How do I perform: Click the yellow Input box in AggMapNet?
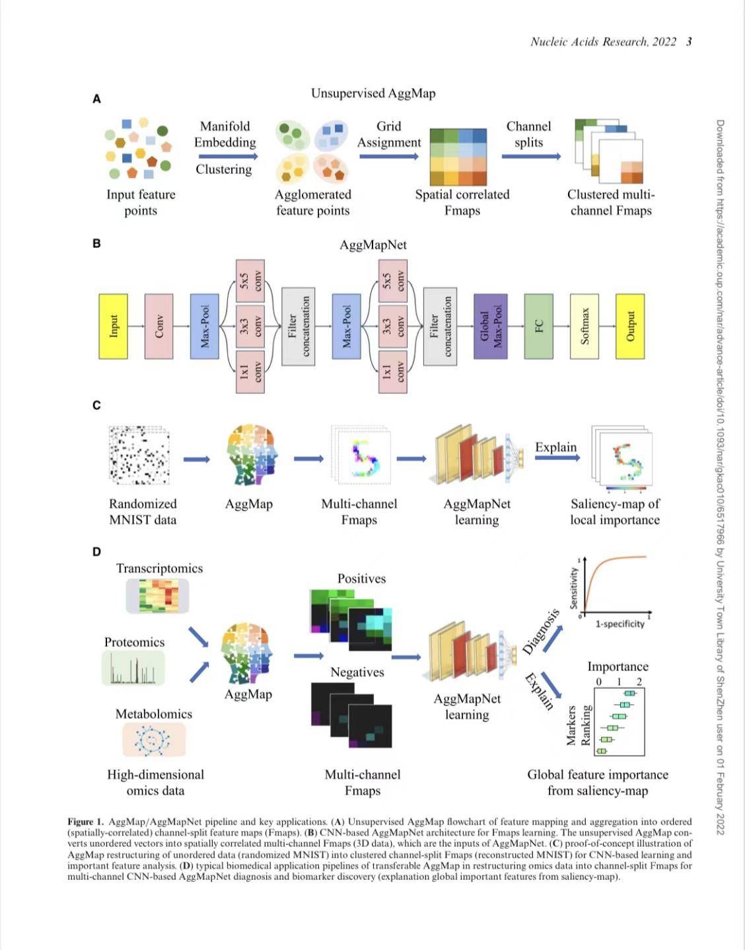pyautogui.click(x=113, y=327)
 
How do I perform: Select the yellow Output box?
pyautogui.click(x=629, y=327)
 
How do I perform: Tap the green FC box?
pyautogui.click(x=538, y=327)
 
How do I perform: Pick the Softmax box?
pyautogui.click(x=584, y=327)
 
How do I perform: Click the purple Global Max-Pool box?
pyautogui.click(x=490, y=327)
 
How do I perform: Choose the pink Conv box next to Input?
pyautogui.click(x=159, y=327)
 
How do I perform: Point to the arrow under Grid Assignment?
pyautogui.click(x=388, y=157)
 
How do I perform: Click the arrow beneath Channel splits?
pyautogui.click(x=530, y=157)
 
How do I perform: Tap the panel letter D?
pyautogui.click(x=96, y=551)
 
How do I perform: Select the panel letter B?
pyautogui.click(x=96, y=243)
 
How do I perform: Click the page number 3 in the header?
pyautogui.click(x=689, y=42)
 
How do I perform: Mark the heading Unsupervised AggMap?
pyautogui.click(x=373, y=93)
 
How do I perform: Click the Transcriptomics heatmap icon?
pyautogui.click(x=158, y=596)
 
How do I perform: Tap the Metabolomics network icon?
pyautogui.click(x=154, y=740)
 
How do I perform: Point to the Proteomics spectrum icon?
pyautogui.click(x=133, y=668)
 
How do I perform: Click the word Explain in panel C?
pyautogui.click(x=555, y=448)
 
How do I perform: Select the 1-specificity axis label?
pyautogui.click(x=620, y=624)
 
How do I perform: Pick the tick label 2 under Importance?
pyautogui.click(x=639, y=682)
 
